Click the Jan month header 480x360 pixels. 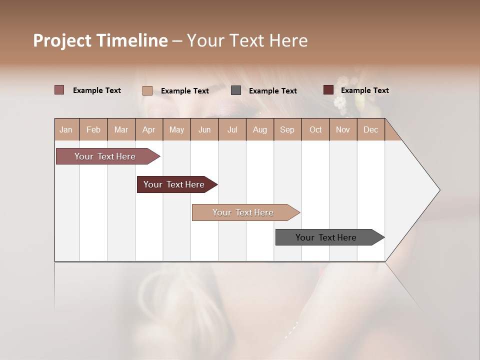(x=66, y=129)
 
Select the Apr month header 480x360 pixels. (x=148, y=129)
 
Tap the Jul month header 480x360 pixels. (x=232, y=129)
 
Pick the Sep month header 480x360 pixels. (x=287, y=129)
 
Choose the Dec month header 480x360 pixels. (x=370, y=129)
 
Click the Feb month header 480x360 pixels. (x=93, y=129)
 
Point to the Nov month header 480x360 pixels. (x=342, y=129)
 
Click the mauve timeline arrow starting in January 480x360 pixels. (x=105, y=156)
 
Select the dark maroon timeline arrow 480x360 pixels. (x=174, y=184)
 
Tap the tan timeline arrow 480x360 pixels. (x=243, y=212)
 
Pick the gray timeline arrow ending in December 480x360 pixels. (x=326, y=237)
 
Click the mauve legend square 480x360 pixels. (x=59, y=90)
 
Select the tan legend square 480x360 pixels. (x=147, y=90)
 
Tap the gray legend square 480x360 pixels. (x=236, y=90)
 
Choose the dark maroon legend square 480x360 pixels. (x=328, y=90)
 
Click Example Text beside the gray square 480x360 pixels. (x=272, y=91)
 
